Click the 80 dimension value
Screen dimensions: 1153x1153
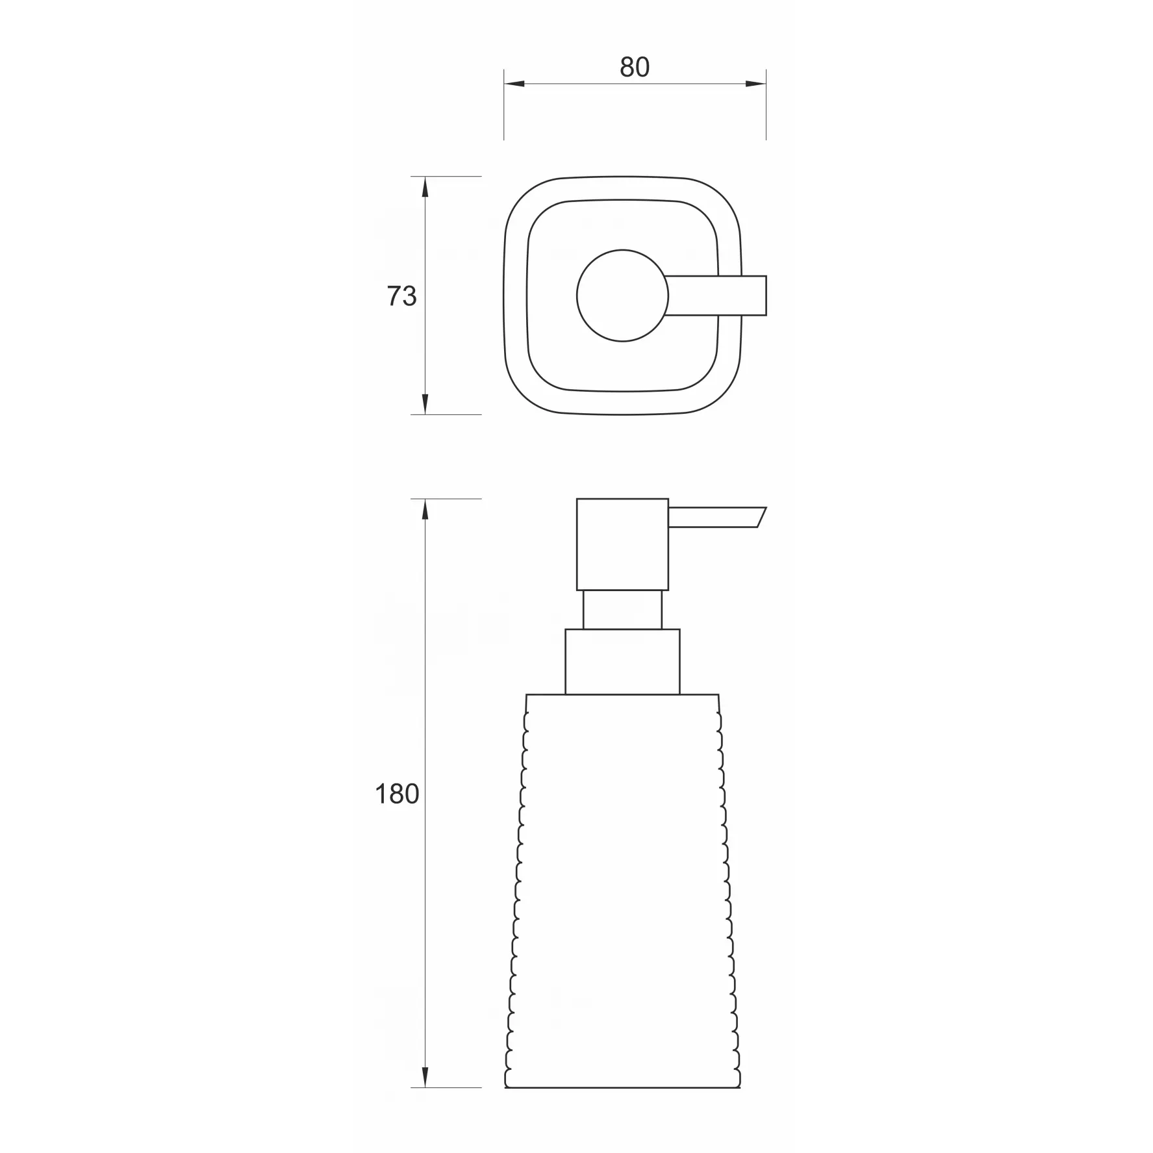634,67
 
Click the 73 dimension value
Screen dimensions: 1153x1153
401,296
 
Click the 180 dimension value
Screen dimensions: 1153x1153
397,794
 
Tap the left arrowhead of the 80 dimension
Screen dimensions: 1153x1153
514,84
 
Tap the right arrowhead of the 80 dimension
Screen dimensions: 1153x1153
756,84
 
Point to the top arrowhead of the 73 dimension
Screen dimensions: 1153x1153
425,186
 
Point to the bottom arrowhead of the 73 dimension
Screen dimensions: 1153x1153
425,404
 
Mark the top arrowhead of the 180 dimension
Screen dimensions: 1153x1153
425,509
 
